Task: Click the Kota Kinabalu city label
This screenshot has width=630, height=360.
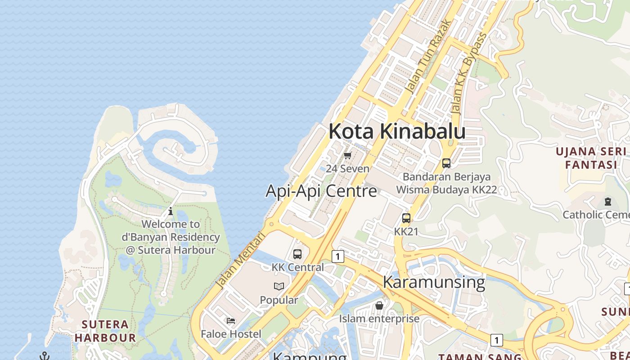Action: [397, 131]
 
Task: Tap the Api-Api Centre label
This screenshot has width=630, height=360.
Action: [321, 191]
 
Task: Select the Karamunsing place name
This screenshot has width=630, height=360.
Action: [434, 282]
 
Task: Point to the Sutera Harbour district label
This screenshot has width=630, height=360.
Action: [105, 331]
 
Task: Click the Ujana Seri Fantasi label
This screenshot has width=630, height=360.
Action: [591, 157]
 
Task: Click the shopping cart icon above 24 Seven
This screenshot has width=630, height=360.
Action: [347, 156]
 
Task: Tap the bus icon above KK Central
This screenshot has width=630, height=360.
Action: [297, 254]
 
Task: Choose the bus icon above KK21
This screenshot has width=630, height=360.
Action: [406, 218]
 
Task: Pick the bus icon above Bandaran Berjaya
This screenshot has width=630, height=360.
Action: [446, 163]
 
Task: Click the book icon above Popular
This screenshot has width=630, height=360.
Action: [279, 286]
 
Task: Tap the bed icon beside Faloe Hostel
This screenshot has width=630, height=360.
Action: [231, 321]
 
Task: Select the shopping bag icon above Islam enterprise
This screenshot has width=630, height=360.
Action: [379, 306]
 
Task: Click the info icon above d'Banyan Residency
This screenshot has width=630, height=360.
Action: [171, 211]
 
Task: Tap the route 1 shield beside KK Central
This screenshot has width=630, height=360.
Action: [337, 256]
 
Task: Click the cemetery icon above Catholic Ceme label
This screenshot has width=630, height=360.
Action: [608, 202]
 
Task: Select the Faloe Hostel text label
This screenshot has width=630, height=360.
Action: [231, 334]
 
